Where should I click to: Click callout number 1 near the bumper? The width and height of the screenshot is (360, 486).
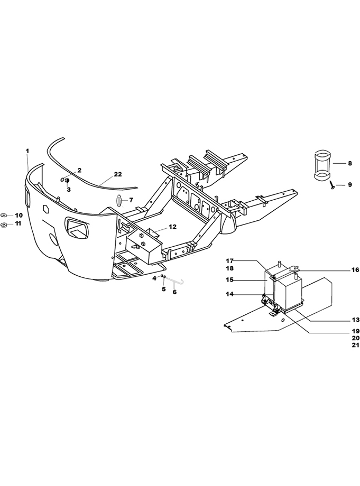coord(27,151)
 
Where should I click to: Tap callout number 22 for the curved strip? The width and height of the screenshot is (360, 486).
coord(117,174)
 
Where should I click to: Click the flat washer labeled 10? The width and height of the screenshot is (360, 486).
coord(4,215)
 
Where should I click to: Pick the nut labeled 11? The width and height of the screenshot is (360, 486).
coord(5,225)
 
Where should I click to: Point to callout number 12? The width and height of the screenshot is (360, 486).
coord(172,227)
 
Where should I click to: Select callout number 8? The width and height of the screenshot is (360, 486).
coord(350,163)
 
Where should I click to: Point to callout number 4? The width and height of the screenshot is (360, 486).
coord(154,278)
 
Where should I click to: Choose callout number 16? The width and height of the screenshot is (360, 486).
coord(355,270)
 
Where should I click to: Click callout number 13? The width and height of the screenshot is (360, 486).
coord(355,320)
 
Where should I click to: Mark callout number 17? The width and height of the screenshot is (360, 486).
coord(229,260)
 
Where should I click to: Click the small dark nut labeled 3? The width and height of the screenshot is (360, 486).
coord(68,181)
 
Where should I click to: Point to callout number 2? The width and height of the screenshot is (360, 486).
coord(79,170)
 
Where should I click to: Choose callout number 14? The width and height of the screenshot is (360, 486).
coord(229,294)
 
